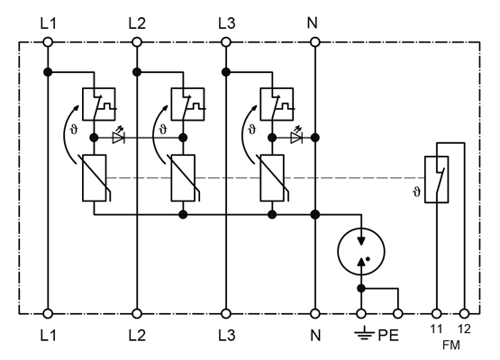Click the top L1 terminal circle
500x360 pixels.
point(48,42)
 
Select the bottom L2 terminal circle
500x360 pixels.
point(137,314)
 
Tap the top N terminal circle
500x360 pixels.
point(314,42)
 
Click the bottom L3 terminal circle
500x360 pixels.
point(226,314)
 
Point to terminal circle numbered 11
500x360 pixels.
point(437,314)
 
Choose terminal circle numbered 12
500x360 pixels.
point(464,314)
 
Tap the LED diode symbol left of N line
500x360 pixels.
point(296,137)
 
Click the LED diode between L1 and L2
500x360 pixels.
point(118,137)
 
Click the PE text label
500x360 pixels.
point(388,335)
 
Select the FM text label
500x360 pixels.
point(451,345)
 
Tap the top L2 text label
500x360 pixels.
point(137,23)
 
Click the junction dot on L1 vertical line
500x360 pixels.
point(48,72)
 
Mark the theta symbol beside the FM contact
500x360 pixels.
point(417,192)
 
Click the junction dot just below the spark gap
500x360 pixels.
point(361,289)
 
